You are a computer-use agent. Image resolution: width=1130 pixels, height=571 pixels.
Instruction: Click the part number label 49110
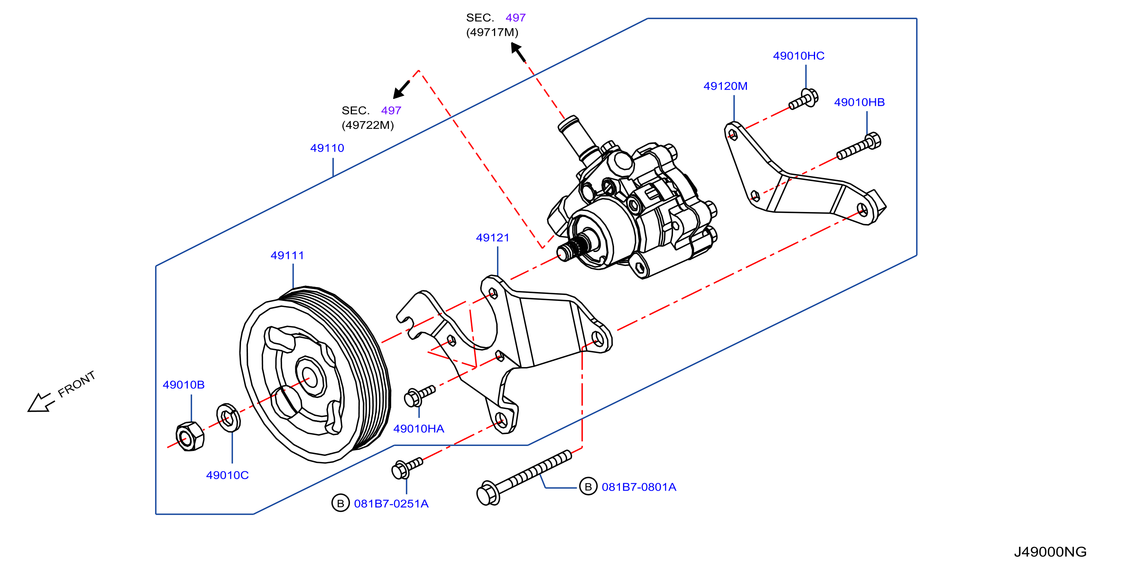pos(327,148)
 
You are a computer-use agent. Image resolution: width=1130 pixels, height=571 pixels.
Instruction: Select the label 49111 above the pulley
pos(287,255)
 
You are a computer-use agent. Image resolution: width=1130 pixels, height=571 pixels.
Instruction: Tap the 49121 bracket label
pos(493,238)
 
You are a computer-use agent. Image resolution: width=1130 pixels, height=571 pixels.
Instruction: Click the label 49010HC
pos(799,56)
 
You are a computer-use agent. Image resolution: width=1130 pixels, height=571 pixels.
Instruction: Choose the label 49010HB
pos(859,102)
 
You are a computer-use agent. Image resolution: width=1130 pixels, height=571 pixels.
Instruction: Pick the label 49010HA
pos(419,429)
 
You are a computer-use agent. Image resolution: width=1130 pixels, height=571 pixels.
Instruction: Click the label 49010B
pos(183,385)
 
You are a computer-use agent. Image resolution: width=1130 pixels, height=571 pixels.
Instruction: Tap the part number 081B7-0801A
pos(639,487)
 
